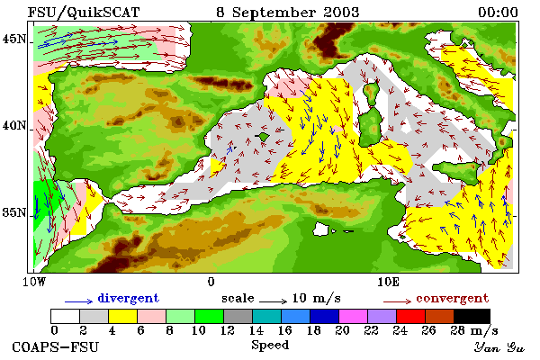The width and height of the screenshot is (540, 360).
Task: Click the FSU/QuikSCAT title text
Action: click(84, 13)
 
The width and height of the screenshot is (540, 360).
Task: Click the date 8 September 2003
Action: click(288, 13)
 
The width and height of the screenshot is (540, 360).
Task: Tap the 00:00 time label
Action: click(498, 13)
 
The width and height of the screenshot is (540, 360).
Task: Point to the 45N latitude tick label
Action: click(14, 39)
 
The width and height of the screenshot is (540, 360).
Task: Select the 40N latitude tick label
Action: click(14, 125)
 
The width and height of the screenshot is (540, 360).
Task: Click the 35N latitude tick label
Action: click(14, 212)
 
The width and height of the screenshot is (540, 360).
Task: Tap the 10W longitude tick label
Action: click(34, 282)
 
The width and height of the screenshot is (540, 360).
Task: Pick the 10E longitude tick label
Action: click(389, 282)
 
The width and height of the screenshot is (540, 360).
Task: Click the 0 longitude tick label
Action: click(211, 282)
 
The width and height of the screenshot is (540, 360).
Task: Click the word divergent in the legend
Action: click(129, 298)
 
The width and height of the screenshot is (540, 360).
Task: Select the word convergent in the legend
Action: click(453, 298)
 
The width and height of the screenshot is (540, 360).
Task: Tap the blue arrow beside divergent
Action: click(79, 301)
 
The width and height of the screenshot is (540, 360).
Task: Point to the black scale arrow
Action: click(273, 301)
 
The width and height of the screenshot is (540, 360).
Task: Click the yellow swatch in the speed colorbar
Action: click(123, 316)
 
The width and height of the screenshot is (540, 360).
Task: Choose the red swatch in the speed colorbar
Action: click(411, 316)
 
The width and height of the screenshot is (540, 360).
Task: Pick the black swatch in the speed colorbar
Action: click(472, 316)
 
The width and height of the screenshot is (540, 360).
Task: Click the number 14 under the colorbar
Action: click(256, 330)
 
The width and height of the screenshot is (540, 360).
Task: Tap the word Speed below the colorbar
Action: click(270, 346)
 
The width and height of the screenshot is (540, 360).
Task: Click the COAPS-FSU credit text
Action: click(56, 346)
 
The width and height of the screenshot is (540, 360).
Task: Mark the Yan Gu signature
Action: click(499, 347)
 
